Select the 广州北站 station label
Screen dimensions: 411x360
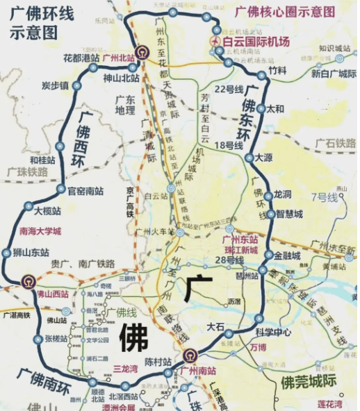[119, 58]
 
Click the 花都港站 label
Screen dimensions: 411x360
[81, 58]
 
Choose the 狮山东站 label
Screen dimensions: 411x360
[31, 253]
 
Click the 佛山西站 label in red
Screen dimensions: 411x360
[53, 294]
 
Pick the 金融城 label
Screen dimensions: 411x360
[287, 255]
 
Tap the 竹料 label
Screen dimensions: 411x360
[277, 70]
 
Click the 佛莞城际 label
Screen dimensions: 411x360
[309, 381]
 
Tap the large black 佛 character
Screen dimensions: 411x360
[133, 339]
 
